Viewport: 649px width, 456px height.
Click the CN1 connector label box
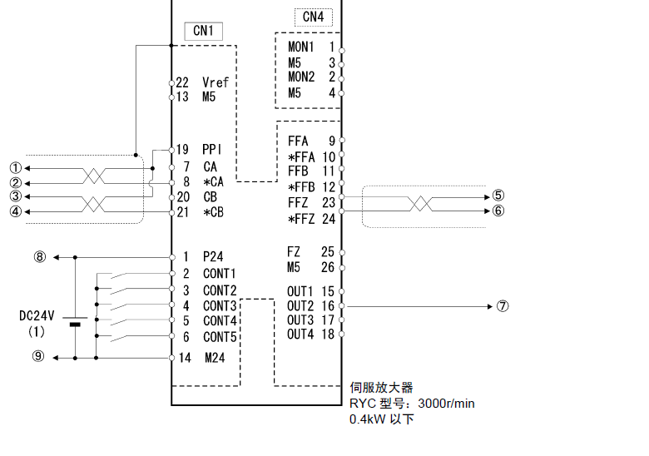click(204, 31)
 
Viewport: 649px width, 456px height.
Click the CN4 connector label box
click(313, 16)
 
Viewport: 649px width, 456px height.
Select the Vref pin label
click(215, 82)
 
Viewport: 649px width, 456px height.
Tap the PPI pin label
click(212, 150)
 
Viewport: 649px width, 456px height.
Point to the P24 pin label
click(214, 257)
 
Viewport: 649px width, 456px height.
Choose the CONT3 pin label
click(220, 305)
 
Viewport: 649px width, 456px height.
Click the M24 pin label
click(216, 358)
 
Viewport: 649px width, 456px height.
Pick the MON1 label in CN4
click(301, 47)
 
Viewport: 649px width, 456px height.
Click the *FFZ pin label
click(301, 219)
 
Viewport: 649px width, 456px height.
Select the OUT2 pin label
click(300, 305)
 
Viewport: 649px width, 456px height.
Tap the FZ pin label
click(294, 251)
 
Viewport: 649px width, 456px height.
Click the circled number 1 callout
click(14, 167)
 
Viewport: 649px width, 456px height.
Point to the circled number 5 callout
click(498, 196)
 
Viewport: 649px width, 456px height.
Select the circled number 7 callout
click(503, 305)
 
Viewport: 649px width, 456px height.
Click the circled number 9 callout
click(39, 358)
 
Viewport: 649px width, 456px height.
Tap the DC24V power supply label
click(37, 315)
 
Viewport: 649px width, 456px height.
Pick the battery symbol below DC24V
click(76, 323)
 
